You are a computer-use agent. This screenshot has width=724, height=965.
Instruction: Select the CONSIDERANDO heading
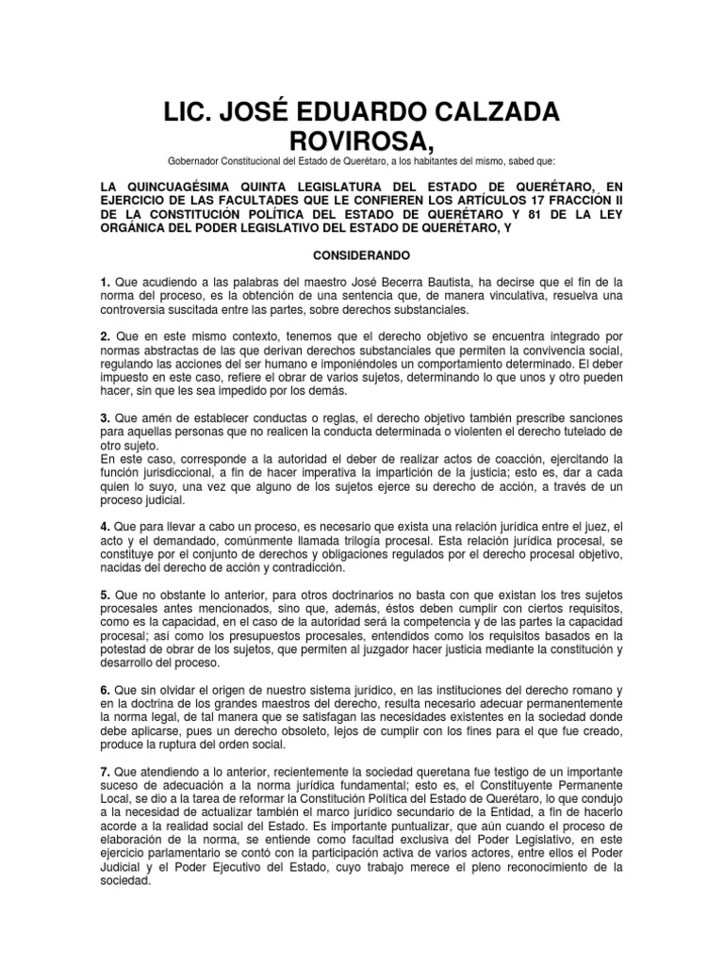pos(361,254)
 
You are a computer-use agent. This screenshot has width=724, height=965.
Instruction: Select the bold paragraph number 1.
pos(106,282)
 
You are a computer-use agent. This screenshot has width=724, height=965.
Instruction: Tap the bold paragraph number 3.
pos(106,417)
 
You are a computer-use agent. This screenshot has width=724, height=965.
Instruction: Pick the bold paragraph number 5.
pos(106,597)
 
